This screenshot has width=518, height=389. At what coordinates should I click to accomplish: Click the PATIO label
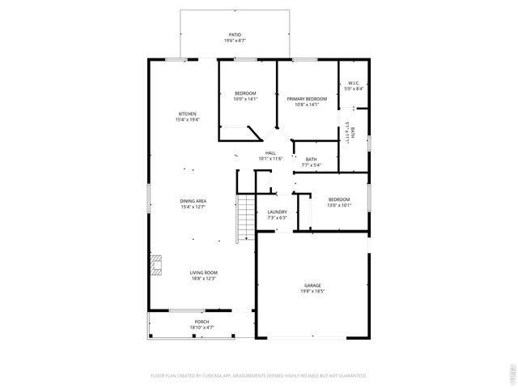(x=235, y=35)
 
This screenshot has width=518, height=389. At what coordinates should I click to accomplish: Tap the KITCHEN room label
(x=187, y=113)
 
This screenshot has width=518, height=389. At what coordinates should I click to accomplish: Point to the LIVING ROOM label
(x=204, y=272)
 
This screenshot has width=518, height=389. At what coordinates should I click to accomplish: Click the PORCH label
(x=202, y=322)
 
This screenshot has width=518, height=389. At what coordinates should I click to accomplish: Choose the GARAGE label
(x=312, y=285)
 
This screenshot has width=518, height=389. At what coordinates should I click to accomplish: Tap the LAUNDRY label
(x=278, y=212)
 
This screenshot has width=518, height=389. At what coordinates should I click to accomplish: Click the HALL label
(x=270, y=153)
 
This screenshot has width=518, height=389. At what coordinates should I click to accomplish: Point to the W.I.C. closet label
(x=354, y=83)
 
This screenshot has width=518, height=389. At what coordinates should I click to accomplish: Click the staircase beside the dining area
(x=244, y=219)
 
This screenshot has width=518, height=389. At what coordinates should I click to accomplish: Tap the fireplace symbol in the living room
(x=156, y=264)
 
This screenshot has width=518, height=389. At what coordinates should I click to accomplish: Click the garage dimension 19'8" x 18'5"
(x=312, y=291)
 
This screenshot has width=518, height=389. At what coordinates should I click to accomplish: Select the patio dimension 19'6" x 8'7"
(x=235, y=41)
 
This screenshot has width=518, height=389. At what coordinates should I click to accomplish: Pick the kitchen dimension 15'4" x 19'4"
(x=187, y=119)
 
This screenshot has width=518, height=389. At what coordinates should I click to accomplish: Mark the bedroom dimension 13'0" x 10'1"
(x=339, y=205)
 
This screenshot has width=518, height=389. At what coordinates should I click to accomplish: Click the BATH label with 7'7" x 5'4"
(x=312, y=159)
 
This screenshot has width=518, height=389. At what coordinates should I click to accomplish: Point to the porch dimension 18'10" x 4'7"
(x=202, y=327)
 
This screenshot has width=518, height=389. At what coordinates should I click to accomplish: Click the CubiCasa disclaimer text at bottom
(x=259, y=376)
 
